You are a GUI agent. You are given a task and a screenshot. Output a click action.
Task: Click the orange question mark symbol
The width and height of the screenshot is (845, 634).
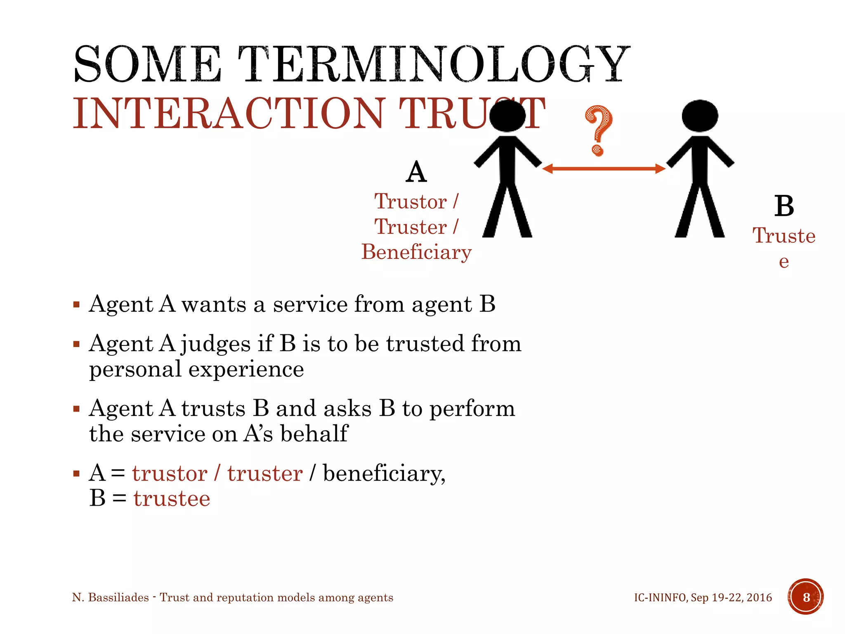click(599, 130)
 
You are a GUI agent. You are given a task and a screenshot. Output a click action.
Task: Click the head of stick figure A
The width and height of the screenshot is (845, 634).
click(507, 116)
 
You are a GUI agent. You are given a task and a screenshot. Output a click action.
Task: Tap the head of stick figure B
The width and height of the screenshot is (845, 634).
click(700, 116)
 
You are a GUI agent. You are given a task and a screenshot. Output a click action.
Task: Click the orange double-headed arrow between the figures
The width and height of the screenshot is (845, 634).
click(603, 168)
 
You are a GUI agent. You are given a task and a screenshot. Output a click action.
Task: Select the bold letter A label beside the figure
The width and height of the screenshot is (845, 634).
click(416, 172)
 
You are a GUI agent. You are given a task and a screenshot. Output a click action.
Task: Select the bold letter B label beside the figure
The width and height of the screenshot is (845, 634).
click(784, 206)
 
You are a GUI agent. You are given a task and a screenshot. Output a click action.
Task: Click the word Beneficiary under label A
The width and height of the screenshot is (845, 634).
click(416, 252)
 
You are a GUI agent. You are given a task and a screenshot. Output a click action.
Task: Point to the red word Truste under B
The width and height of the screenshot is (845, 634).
click(784, 236)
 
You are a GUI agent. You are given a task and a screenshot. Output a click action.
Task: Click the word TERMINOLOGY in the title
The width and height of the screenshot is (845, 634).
click(433, 64)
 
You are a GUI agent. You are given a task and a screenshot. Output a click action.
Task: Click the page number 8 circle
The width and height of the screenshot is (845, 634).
click(806, 597)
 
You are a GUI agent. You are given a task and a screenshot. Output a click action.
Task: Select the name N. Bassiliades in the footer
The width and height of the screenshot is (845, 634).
click(111, 597)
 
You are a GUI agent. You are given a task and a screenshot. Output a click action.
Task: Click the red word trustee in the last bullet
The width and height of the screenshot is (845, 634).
click(172, 498)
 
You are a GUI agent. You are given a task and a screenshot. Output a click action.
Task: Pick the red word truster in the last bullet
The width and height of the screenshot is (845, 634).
click(265, 473)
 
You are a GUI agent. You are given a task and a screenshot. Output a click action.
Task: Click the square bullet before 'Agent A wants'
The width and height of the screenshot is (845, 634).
click(76, 305)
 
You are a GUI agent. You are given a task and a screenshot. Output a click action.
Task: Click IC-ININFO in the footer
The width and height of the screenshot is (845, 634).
click(660, 597)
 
